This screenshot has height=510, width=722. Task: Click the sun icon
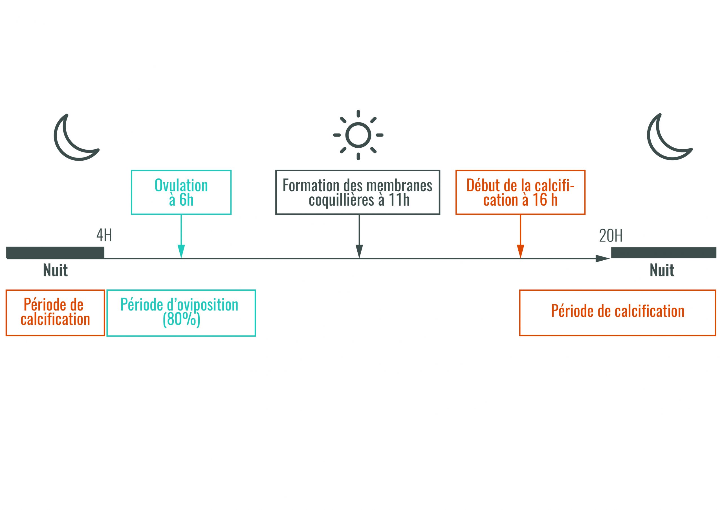coord(358,135)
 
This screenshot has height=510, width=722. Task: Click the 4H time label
coord(104,235)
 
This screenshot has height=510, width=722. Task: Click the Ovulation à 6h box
coord(181,192)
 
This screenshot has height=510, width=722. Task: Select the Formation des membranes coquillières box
coord(358,192)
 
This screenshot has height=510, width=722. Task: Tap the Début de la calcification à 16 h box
coord(520,192)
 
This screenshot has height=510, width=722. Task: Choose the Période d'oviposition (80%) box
coord(181,313)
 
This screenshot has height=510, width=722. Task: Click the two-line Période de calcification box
coord(55,312)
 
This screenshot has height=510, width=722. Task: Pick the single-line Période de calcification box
coord(617,312)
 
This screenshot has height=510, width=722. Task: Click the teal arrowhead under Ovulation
coord(181,251)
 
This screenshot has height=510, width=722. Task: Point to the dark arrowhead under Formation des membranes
coord(359,251)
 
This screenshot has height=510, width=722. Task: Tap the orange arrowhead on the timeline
coord(520,251)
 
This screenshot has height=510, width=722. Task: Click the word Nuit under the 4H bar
coord(55,270)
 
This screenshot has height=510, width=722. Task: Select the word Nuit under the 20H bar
coord(662,270)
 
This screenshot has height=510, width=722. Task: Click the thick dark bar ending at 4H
coord(55,252)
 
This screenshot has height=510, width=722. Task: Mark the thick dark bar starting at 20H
coord(664,252)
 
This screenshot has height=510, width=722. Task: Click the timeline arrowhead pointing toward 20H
coord(602,259)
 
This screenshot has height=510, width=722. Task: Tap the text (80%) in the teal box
coord(181,320)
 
